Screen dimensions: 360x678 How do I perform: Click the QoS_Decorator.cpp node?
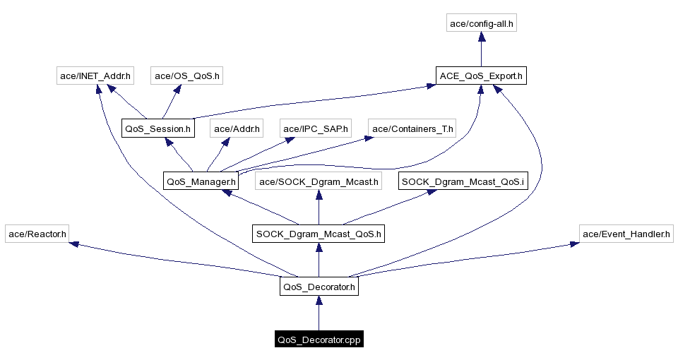coord(319,340)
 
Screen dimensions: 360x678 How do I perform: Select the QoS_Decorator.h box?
coord(319,287)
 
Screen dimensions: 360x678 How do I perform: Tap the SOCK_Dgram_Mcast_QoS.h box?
coord(319,234)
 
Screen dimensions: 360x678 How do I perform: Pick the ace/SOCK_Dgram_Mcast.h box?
coord(319,181)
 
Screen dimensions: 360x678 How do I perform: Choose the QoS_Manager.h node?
coord(201,181)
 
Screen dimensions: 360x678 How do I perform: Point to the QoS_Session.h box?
coord(157,128)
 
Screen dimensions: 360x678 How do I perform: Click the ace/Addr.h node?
coord(237,128)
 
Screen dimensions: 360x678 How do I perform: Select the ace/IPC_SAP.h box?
coord(316,128)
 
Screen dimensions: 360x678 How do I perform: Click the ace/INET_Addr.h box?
coord(96,76)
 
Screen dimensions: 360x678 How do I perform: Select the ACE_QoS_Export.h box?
coord(481,76)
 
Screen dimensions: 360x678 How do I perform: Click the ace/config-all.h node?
coord(481,23)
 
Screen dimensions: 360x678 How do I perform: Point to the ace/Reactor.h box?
coord(37,234)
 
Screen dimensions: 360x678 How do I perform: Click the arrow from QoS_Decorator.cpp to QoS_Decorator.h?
coord(319,313)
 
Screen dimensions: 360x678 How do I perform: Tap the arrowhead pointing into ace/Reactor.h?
coord(73,244)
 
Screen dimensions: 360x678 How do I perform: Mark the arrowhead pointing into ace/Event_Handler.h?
coord(575,244)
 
